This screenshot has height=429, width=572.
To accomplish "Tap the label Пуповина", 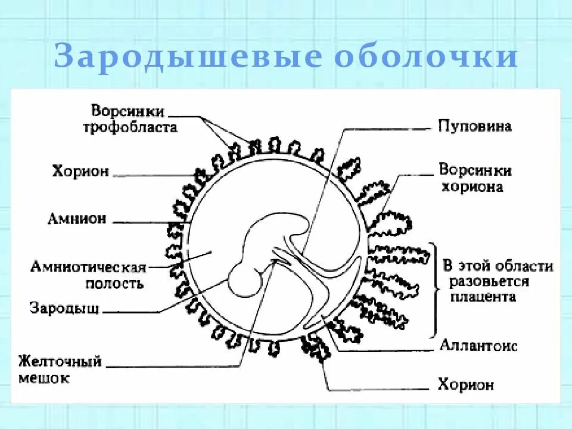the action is click(x=474, y=126).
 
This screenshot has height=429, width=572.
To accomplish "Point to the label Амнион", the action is click(x=77, y=219).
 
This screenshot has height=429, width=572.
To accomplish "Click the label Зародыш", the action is click(x=64, y=309).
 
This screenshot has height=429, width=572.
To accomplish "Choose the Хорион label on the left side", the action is click(x=80, y=172).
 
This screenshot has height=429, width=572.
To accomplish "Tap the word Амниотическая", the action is click(x=88, y=267).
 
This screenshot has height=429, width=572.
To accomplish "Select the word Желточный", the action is click(x=60, y=362).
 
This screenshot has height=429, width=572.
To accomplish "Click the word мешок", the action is click(x=43, y=378).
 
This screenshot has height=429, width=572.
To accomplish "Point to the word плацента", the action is click(x=483, y=297).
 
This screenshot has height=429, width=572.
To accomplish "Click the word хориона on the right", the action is click(x=472, y=186).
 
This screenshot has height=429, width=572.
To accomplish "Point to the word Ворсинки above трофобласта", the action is click(x=128, y=111).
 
